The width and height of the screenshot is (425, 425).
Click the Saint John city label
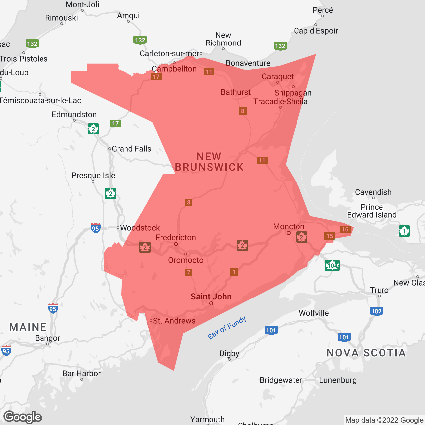211,297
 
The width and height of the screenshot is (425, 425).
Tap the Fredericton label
176,237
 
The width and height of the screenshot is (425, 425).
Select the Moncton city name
289,226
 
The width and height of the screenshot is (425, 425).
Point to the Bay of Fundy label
227,328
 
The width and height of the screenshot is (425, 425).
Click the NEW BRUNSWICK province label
209,162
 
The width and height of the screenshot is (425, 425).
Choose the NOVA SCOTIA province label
366,353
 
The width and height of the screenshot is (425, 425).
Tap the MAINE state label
28,327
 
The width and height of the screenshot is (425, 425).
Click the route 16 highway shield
345,229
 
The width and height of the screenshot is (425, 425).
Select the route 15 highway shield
330,236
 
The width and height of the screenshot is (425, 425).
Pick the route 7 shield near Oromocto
189,272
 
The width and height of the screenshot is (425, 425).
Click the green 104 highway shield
332,265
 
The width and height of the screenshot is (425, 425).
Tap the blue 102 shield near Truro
376,311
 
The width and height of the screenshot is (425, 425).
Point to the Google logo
23,417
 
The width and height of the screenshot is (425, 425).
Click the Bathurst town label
236,92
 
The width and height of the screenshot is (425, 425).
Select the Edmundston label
74,114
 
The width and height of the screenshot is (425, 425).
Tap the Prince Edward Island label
372,211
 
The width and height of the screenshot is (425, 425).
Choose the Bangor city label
47,338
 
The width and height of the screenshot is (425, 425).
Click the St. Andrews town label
174,321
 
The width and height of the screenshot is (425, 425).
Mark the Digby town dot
229,359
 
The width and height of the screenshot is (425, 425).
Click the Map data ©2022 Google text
384,420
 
